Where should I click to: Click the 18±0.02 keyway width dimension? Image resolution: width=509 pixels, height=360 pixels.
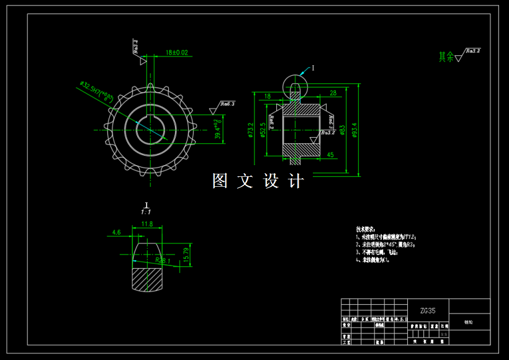point(176,53)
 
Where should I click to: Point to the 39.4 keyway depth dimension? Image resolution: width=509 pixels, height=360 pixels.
point(217,129)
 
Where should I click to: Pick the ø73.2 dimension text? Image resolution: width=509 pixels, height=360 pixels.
point(251,130)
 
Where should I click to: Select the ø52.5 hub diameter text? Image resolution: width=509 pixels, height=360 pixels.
point(263,130)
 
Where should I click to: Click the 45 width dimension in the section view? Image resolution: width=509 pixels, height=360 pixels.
point(330,155)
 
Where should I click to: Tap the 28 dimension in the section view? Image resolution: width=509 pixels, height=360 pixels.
point(333,92)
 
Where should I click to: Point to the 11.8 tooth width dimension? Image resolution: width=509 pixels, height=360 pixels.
point(147,223)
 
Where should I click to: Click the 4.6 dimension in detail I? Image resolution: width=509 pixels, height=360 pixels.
point(117,232)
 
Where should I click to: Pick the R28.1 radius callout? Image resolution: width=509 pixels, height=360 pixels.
point(163,261)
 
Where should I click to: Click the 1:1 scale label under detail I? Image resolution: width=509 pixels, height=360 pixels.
point(146,212)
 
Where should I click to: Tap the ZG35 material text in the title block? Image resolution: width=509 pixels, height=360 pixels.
point(428,310)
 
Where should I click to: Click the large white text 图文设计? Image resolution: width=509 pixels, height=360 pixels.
point(258,181)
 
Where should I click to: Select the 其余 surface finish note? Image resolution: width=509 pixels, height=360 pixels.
point(446,56)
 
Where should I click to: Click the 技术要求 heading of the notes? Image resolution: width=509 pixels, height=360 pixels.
point(366,229)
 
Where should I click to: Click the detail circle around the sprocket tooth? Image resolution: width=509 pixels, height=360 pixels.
point(295,86)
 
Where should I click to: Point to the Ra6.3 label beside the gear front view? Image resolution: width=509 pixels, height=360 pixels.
point(227,104)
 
